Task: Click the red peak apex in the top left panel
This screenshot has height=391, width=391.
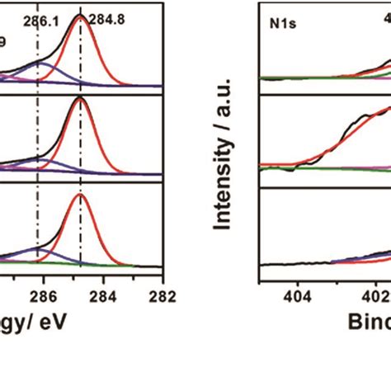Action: coord(80,16)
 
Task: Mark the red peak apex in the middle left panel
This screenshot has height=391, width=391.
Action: coord(80,98)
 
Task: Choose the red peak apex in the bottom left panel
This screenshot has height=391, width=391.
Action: coord(80,195)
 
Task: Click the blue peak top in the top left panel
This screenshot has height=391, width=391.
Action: coord(41,62)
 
